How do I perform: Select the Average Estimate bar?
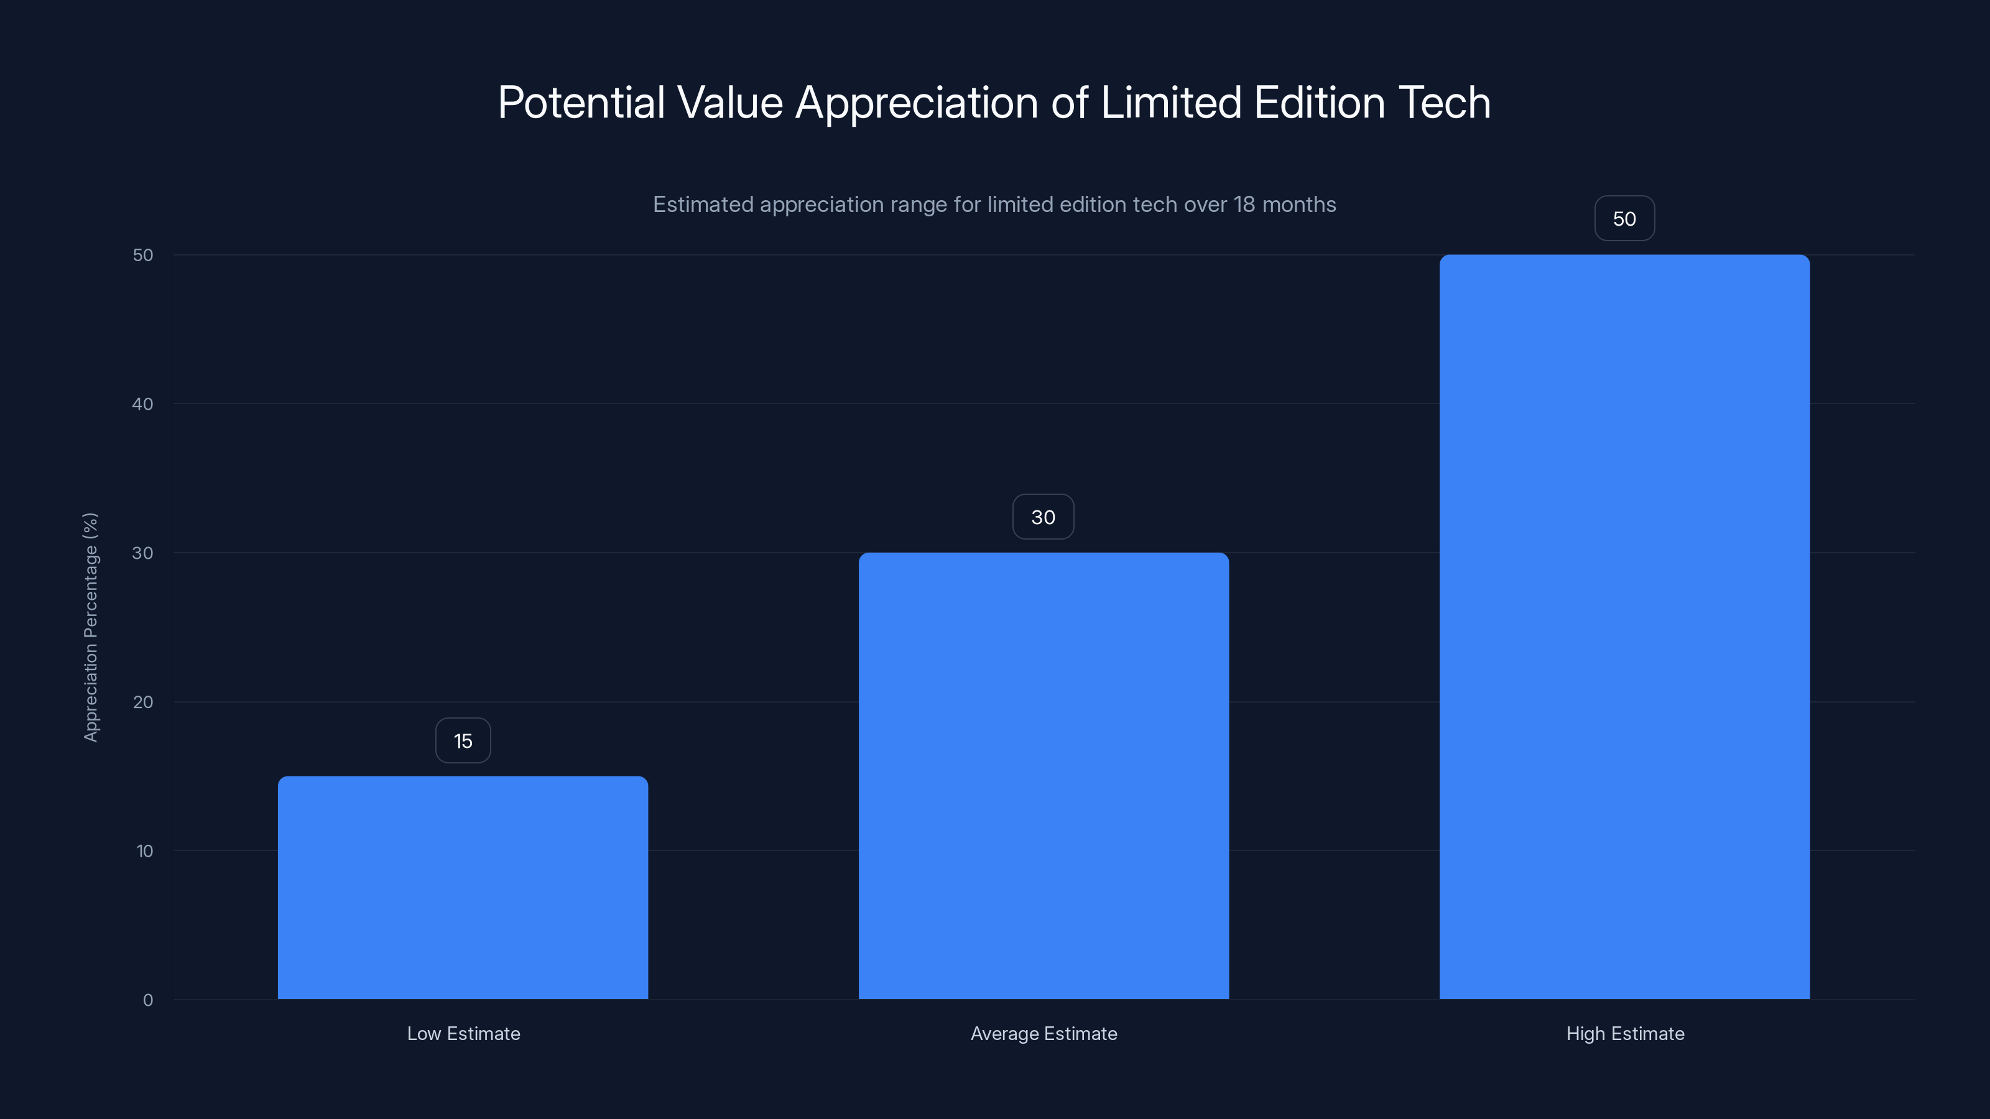point(1043,775)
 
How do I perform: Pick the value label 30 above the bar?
point(1043,517)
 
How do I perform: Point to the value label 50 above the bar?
point(1624,219)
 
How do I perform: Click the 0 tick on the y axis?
point(147,1000)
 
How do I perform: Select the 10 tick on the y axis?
point(144,851)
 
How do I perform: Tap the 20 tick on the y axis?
point(143,702)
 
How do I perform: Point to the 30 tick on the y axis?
point(143,553)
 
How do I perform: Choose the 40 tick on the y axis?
point(143,404)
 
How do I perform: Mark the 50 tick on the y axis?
point(143,255)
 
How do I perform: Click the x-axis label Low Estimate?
point(463,1033)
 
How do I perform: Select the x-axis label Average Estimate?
point(1044,1033)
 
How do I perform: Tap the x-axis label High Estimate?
point(1624,1033)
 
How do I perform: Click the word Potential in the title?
point(581,103)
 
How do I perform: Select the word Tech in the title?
point(1444,103)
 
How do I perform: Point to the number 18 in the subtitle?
point(1244,205)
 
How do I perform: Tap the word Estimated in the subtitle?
point(703,205)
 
